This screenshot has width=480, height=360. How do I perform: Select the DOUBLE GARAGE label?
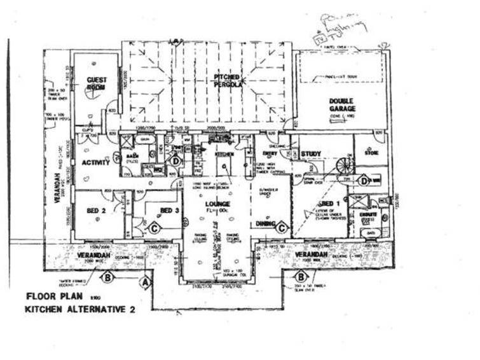(342, 106)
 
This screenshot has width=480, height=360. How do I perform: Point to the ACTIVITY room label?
(96, 162)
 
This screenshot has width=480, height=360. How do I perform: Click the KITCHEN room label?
(225, 155)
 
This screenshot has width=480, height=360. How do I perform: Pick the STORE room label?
(371, 153)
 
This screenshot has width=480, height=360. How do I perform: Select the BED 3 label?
(167, 210)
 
